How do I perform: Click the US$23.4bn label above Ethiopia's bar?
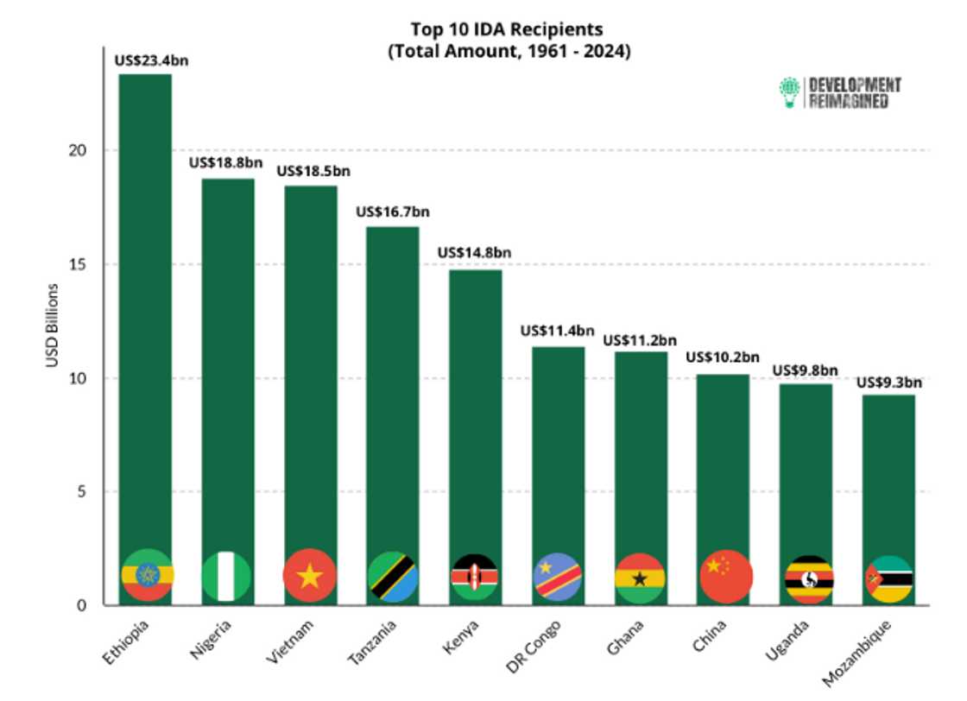click(152, 61)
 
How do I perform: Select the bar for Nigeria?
click(228, 363)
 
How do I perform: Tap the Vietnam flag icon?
click(309, 576)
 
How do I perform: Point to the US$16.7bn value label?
click(393, 212)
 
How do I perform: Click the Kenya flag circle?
click(475, 577)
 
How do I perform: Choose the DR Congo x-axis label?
click(537, 642)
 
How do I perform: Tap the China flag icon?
click(725, 576)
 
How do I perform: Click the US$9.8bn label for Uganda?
click(805, 370)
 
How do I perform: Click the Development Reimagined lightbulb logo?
click(789, 92)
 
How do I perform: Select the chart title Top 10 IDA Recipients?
click(508, 30)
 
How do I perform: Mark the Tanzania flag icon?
click(393, 577)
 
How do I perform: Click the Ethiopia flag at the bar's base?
click(149, 575)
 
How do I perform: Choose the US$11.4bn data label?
click(557, 331)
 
